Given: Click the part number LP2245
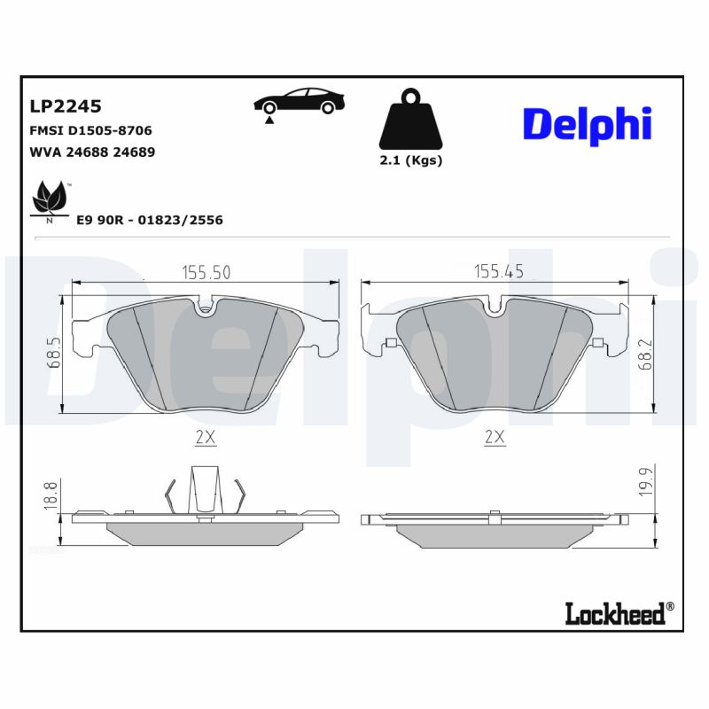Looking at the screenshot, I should [x=66, y=106].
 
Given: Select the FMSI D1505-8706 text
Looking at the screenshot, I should [x=90, y=130].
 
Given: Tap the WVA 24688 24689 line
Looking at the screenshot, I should [x=93, y=152].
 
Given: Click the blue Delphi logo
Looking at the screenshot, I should [x=587, y=125].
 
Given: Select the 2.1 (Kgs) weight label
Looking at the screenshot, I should [x=410, y=160].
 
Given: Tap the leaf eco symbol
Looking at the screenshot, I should [x=49, y=199].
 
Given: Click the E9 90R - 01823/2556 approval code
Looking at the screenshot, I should [x=150, y=220].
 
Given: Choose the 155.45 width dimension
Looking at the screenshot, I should [x=498, y=271].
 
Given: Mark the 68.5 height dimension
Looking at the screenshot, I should [x=54, y=353].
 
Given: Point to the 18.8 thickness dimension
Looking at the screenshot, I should [x=51, y=494].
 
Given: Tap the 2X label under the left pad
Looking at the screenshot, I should [x=206, y=436].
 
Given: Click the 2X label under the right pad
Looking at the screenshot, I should [x=495, y=436].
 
